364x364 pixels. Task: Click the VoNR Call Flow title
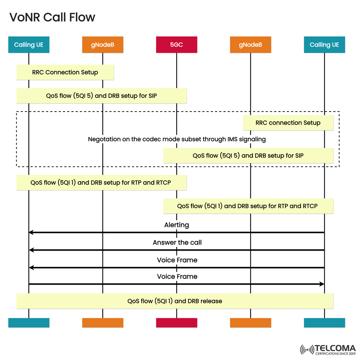tap(52, 17)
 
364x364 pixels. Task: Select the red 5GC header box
tap(176, 45)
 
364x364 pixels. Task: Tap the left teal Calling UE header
tap(29, 45)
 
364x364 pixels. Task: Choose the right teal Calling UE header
tap(324, 45)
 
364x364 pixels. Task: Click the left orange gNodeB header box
tap(102, 45)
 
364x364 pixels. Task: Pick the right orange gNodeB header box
tap(250, 45)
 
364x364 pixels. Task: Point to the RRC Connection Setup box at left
tap(65, 72)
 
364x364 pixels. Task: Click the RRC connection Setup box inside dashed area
tap(288, 123)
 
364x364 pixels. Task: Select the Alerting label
tap(177, 225)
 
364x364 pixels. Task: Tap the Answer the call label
tap(177, 242)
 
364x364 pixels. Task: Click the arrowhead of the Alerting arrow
tap(31, 232)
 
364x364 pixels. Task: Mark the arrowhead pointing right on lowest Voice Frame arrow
tap(322, 284)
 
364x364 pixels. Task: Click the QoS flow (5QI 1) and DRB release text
tap(175, 301)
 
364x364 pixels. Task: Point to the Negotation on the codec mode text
tap(177, 139)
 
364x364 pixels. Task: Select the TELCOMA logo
tap(328, 350)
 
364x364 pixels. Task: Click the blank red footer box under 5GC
tap(176, 323)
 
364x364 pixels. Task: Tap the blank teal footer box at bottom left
tap(29, 323)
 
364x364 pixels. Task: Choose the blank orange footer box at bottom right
tap(250, 323)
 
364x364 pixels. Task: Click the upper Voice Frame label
tap(177, 260)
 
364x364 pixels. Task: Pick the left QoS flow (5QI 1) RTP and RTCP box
tap(101, 182)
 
